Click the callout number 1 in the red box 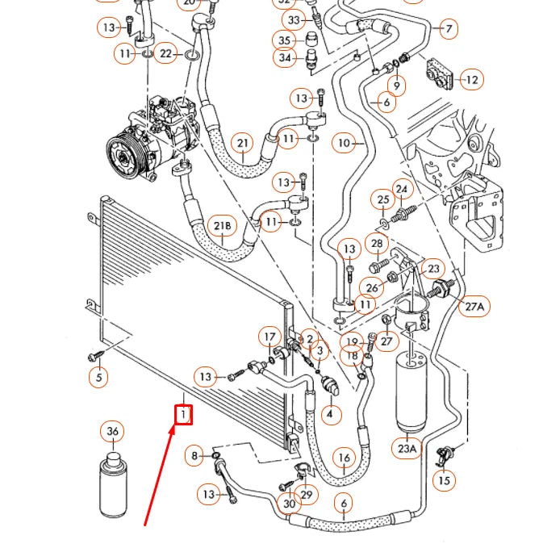[x=184, y=415]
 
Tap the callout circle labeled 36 [x=113, y=432]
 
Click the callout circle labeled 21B [x=223, y=227]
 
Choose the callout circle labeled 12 [x=472, y=80]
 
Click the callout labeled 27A [x=474, y=306]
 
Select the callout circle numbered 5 [x=98, y=376]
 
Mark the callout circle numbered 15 [x=443, y=481]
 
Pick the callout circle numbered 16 [x=345, y=458]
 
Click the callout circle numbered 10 [x=345, y=144]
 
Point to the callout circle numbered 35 [x=284, y=40]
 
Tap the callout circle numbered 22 [x=166, y=54]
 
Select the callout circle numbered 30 [x=290, y=504]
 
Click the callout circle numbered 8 [x=194, y=457]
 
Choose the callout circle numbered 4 [x=330, y=415]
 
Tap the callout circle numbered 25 [x=384, y=199]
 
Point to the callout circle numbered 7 [x=448, y=29]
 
